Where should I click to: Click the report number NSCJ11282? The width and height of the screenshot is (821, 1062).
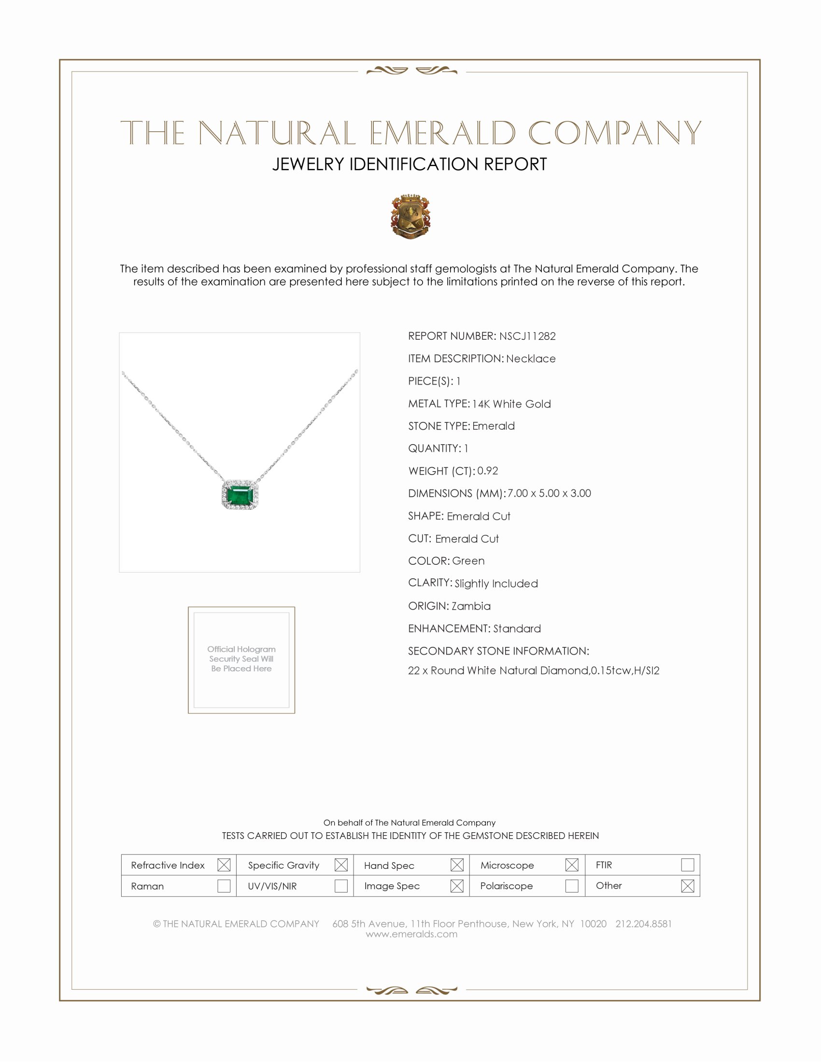coord(527,336)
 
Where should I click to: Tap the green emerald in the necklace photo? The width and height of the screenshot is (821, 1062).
coord(240,495)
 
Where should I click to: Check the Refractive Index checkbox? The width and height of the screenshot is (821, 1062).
coord(224,865)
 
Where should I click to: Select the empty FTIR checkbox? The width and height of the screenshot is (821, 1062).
coord(687,865)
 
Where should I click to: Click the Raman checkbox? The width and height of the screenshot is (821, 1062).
coord(224,885)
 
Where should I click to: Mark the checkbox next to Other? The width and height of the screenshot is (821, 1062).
coord(687,885)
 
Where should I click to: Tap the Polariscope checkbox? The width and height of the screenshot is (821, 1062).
coord(572,885)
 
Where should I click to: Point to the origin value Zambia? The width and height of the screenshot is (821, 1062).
coord(471,606)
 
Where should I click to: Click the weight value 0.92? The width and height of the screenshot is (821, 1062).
coord(487,471)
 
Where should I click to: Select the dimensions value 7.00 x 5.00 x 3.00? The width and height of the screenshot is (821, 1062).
coord(549,493)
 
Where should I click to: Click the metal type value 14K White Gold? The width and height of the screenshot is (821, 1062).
coord(511,404)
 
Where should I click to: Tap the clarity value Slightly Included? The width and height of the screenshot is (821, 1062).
coord(496,584)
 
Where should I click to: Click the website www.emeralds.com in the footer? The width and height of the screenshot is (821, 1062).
coord(411,934)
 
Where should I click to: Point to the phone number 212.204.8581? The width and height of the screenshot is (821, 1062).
coord(643,924)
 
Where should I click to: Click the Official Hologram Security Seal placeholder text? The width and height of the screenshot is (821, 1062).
coord(241,659)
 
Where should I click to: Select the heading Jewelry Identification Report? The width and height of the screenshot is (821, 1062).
coord(410,164)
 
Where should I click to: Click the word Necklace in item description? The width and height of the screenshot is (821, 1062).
coord(531,359)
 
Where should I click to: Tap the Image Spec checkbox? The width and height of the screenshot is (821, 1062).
coord(457,885)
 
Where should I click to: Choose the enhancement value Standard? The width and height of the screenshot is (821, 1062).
coord(517,629)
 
